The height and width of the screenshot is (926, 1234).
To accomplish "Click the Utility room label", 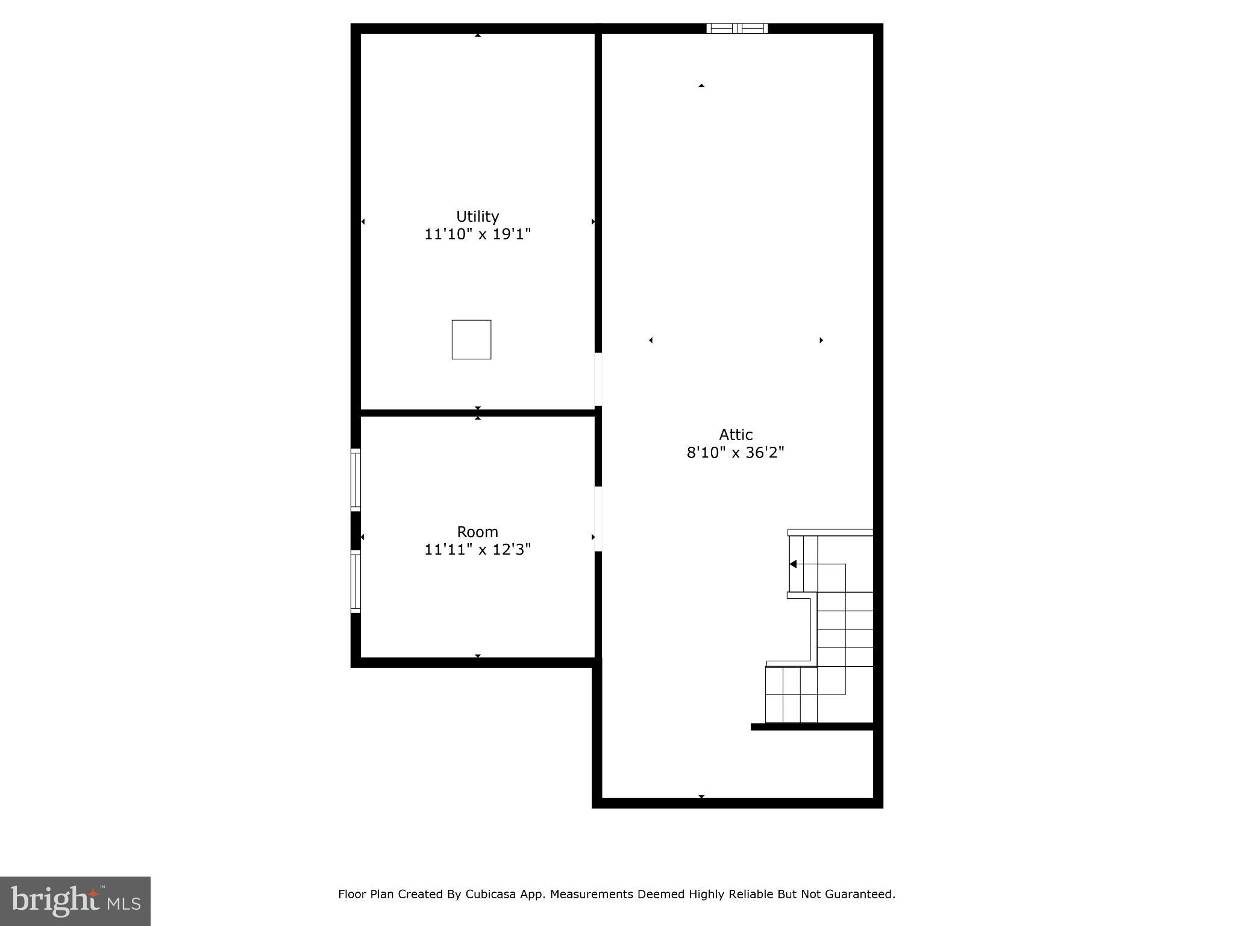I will tap(477, 216).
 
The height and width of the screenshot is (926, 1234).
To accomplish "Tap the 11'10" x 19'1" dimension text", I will tap(477, 234).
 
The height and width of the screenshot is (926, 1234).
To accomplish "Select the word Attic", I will tap(736, 435).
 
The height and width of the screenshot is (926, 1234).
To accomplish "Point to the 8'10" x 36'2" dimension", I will tap(736, 452).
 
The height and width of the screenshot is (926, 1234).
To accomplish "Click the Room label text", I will tap(477, 532).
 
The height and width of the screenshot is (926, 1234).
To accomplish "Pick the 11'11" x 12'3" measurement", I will tap(477, 549).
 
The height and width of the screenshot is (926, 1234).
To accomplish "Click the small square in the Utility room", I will tap(471, 339).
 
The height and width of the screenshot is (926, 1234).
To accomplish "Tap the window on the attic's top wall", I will tap(737, 28).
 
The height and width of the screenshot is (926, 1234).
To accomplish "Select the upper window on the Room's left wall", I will tap(355, 480).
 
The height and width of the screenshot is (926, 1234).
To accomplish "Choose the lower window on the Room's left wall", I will tap(355, 582).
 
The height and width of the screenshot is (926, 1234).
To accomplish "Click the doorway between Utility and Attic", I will tap(598, 379).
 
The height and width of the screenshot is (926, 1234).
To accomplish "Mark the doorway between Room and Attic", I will tap(598, 518).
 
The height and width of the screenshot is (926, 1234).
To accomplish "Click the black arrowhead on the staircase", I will tap(794, 564).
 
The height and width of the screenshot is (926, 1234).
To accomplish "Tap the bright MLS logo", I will tap(75, 901).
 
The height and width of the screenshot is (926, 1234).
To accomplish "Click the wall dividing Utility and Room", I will tap(477, 413).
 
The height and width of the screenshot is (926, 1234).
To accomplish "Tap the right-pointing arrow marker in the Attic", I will tap(821, 340).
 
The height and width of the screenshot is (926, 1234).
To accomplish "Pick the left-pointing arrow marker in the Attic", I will tap(651, 340).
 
